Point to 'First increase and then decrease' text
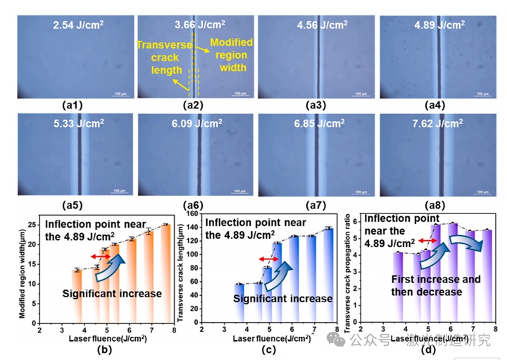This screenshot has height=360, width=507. pos(436,285)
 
